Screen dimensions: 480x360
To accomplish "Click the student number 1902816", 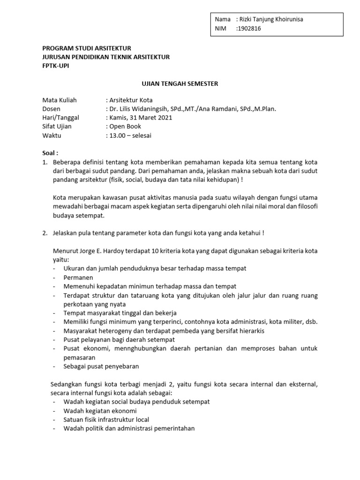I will coord(250,28).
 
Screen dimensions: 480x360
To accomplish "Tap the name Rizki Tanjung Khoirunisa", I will coord(271,19).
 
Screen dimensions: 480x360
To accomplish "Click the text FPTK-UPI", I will coord(56,66).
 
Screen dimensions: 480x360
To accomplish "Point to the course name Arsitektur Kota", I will coord(131,100).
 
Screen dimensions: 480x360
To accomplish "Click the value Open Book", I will coord(125,127).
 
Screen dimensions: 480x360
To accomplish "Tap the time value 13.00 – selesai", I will coord(130,135).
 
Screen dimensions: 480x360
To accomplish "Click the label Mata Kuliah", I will coord(60,100).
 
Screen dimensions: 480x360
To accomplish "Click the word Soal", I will coord(49,153).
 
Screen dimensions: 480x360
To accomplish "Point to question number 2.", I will coord(45,233).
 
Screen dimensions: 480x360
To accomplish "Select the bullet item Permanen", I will coord(78,277).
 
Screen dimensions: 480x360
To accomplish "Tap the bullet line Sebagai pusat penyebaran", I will coord(101,367).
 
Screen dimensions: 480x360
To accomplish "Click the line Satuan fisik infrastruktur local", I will coord(106,420).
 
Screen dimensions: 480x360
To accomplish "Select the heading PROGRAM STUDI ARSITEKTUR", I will coord(87,48).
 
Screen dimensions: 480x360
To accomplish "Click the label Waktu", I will coord(52,135).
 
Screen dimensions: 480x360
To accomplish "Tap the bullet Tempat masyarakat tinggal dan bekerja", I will coord(120,313).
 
